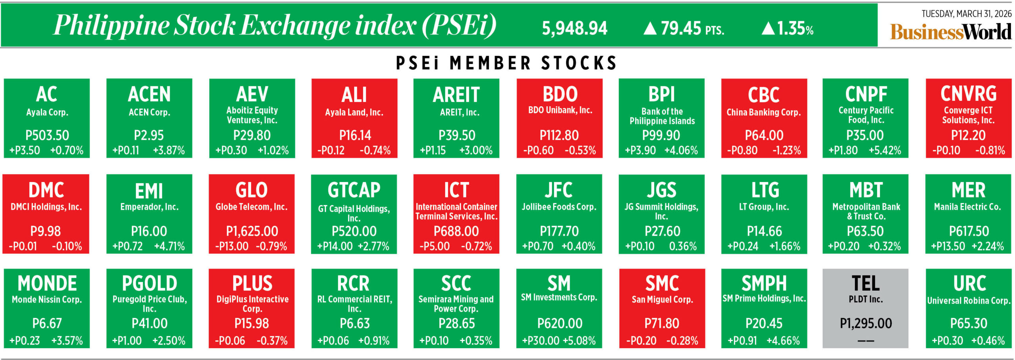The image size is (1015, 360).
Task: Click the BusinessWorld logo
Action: (x=950, y=32)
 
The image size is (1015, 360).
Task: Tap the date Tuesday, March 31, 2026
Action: (x=966, y=14)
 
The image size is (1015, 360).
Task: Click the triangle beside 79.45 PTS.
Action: (x=650, y=28)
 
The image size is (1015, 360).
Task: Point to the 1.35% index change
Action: (x=795, y=29)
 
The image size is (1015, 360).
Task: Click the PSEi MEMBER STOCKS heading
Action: (x=506, y=63)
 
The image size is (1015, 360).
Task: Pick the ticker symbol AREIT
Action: (x=456, y=94)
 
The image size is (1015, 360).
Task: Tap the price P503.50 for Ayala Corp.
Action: (x=47, y=136)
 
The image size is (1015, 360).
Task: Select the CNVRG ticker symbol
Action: (x=968, y=94)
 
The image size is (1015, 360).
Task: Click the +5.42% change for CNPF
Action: (x=885, y=151)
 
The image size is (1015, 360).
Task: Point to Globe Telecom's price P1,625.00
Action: (x=252, y=231)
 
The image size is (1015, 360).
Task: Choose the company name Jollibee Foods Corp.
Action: (x=559, y=207)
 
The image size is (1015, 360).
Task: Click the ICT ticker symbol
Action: (x=456, y=190)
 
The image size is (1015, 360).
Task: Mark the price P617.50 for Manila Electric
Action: (x=969, y=231)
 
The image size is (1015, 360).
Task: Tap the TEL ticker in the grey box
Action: (x=866, y=283)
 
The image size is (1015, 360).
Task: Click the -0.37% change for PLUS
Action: (x=272, y=341)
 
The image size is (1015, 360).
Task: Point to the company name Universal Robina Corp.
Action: (x=969, y=301)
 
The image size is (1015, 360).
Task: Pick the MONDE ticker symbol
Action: (x=47, y=283)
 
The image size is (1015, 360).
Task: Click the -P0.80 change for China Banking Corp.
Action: (x=742, y=151)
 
